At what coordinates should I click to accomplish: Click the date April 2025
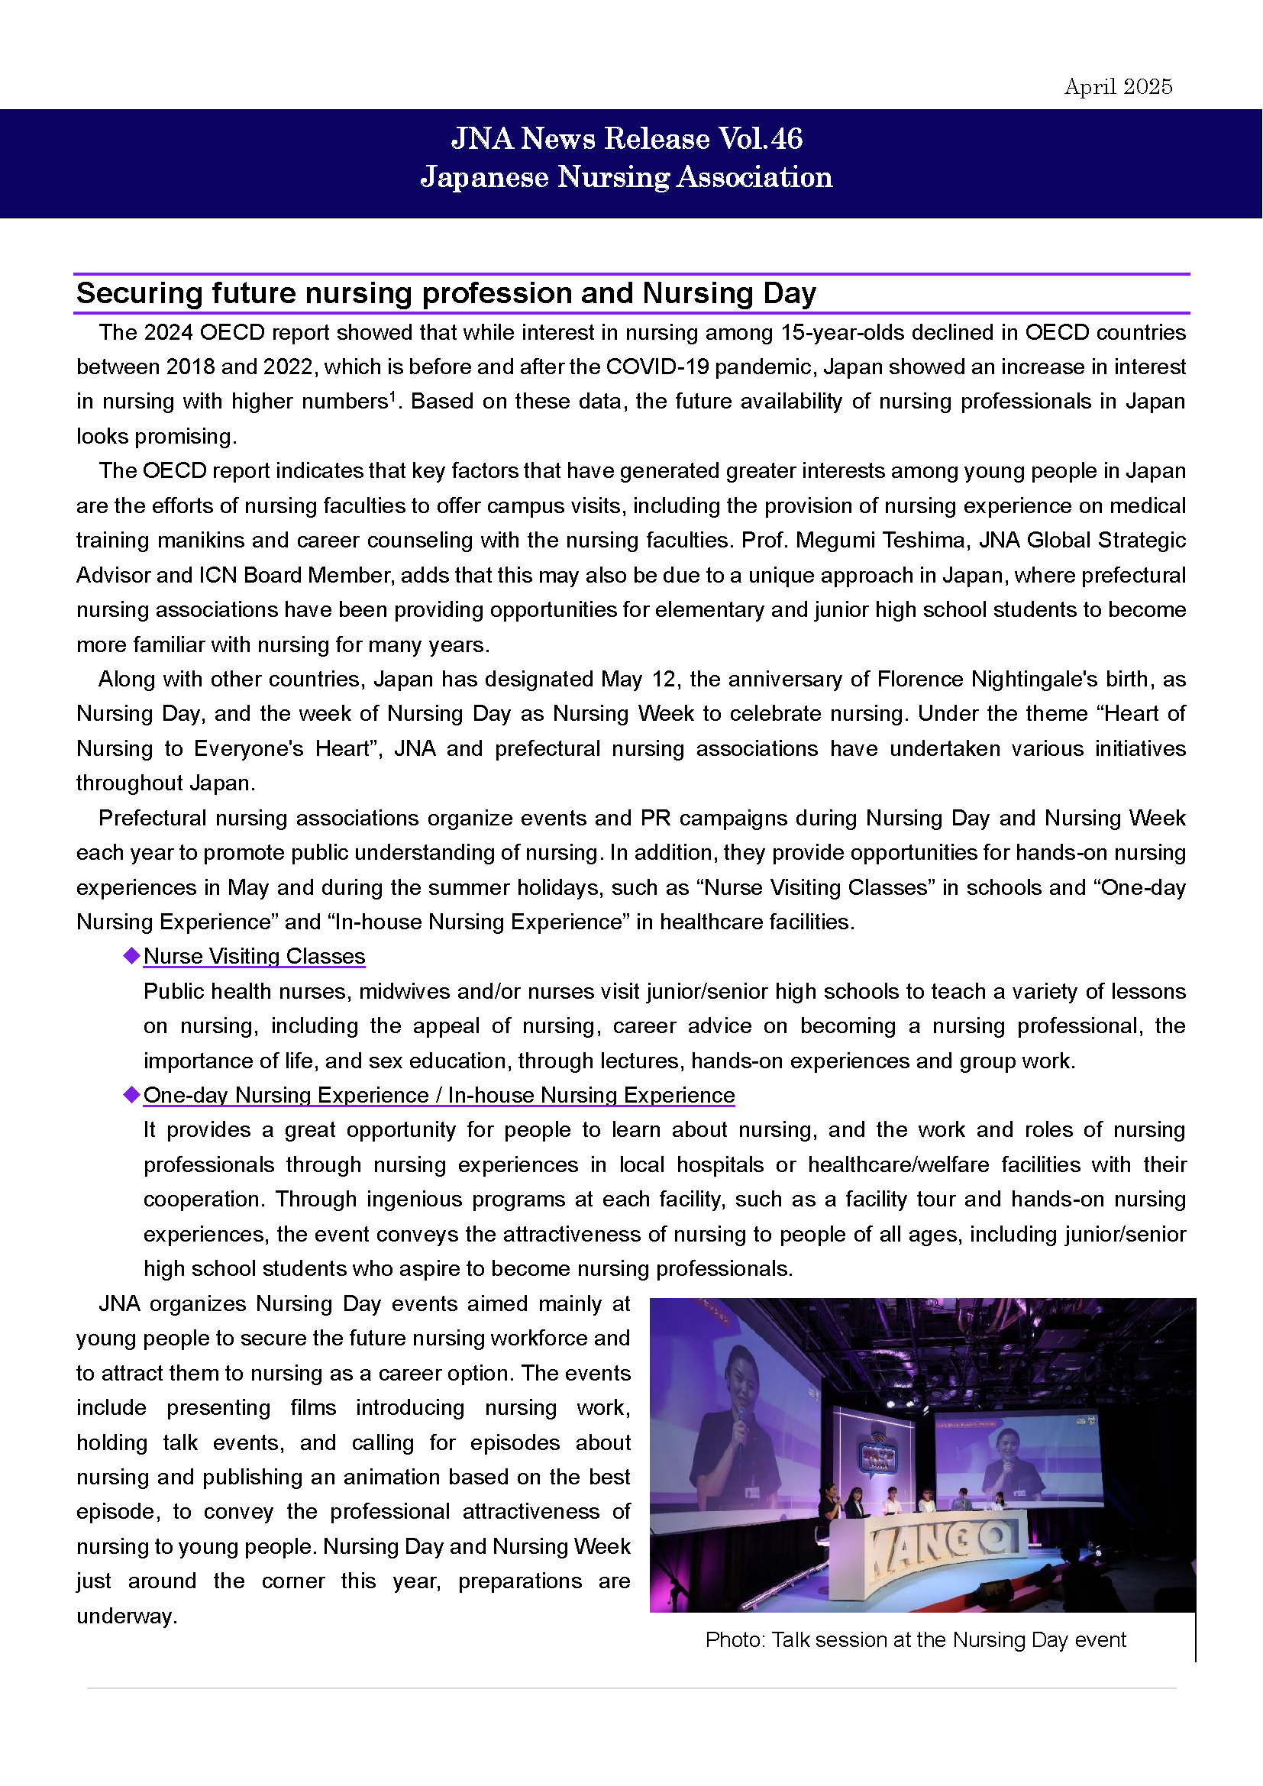(x=1118, y=86)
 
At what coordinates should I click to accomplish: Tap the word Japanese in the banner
(x=485, y=177)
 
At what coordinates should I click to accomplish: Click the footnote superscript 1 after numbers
(x=392, y=396)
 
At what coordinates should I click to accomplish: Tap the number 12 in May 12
(x=664, y=679)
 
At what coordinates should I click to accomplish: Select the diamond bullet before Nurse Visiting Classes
(x=131, y=955)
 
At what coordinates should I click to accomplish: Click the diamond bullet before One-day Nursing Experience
(x=131, y=1094)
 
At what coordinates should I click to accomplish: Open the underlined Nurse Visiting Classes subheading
(x=254, y=956)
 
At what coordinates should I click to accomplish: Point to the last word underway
(x=126, y=1616)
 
